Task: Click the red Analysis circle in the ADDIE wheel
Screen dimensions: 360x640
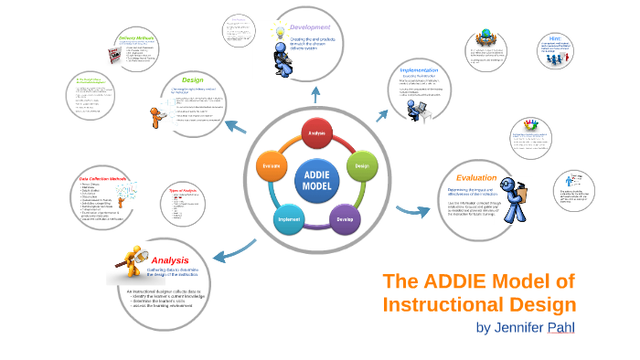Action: click(316, 133)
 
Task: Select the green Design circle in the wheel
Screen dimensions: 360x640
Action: click(360, 166)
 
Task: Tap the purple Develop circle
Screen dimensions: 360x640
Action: click(344, 219)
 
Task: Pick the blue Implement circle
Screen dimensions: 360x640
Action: click(289, 219)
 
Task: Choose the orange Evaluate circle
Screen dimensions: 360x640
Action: click(272, 166)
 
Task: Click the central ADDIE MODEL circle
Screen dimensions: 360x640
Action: click(316, 178)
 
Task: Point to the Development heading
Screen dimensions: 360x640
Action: click(310, 27)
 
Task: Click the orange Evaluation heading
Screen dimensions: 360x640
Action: click(476, 177)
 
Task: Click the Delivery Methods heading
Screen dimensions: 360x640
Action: click(136, 38)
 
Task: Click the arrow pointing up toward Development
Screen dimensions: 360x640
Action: click(315, 91)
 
